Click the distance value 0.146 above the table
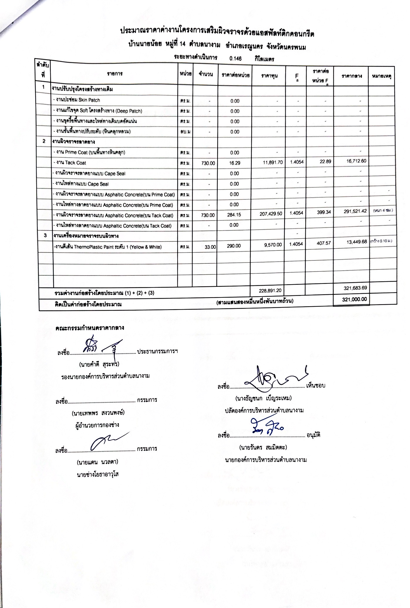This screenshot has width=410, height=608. tap(235, 59)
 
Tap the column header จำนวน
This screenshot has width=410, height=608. tap(205, 74)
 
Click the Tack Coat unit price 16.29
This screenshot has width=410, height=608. tap(234, 163)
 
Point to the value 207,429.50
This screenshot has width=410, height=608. tap(271, 214)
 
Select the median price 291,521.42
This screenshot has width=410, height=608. tap(355, 211)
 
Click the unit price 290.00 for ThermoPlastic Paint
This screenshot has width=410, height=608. tap(234, 246)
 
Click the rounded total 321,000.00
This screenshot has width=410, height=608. tap(355, 299)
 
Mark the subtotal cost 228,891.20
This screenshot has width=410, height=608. tap(270, 290)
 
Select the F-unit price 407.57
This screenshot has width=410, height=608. tap(324, 243)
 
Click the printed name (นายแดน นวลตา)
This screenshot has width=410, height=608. tap(97, 462)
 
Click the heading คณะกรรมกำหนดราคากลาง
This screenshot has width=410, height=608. tap(90, 328)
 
